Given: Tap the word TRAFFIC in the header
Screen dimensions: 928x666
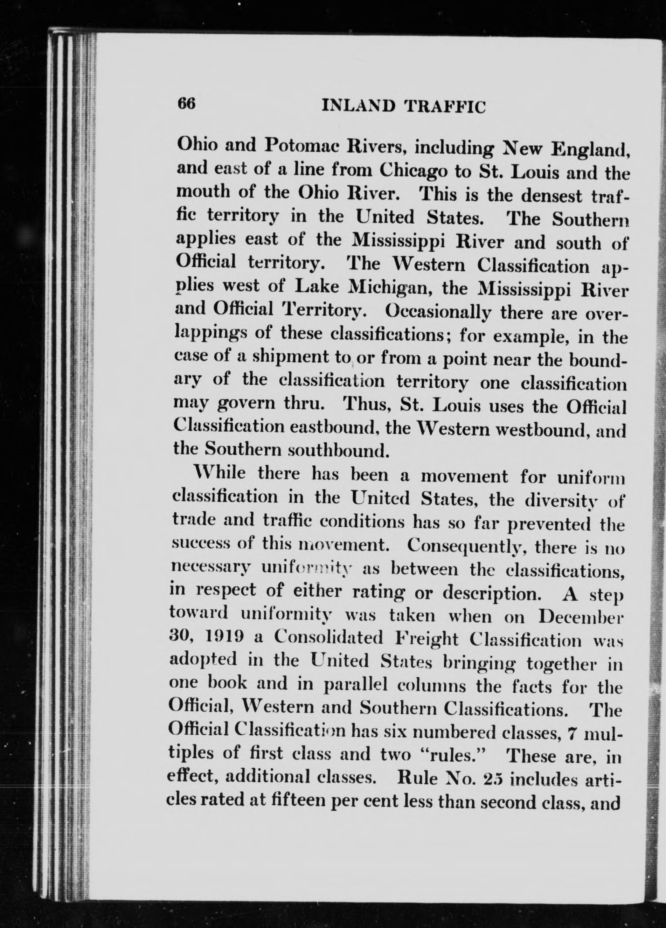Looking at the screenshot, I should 445,107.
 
